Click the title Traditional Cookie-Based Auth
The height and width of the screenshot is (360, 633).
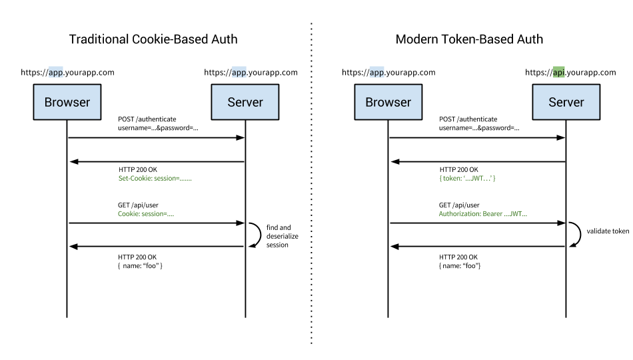(153, 39)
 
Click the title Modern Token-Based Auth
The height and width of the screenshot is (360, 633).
(469, 39)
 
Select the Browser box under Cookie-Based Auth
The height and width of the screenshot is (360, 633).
(67, 102)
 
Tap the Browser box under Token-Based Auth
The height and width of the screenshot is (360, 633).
(388, 102)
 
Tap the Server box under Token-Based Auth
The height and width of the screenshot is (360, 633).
(566, 102)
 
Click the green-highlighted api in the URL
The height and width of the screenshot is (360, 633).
(558, 73)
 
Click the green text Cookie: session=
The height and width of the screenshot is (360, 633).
(151, 214)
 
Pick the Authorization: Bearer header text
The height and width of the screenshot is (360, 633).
(482, 214)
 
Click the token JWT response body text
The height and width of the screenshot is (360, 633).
(467, 179)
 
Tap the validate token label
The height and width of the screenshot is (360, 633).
(607, 231)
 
